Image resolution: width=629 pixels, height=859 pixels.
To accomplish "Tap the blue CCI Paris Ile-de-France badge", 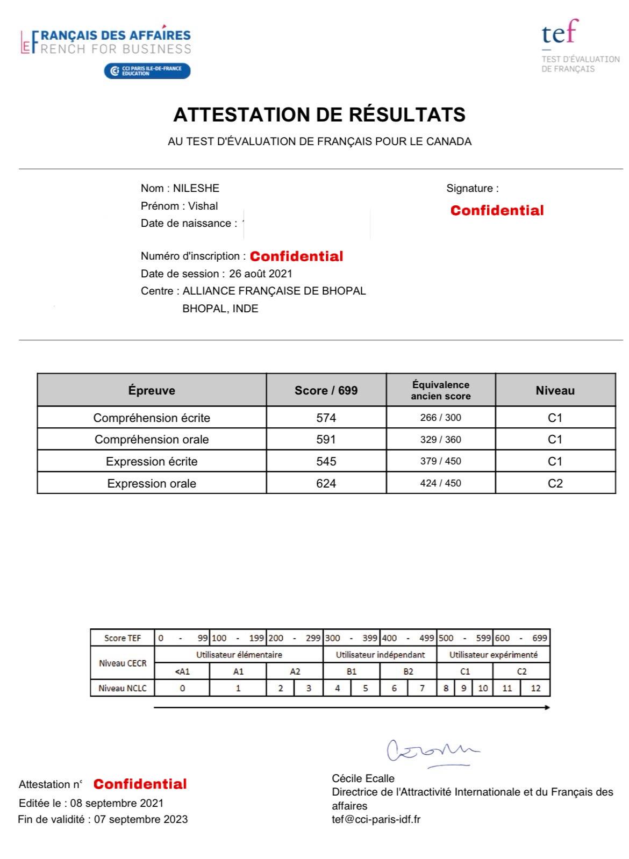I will [147, 71].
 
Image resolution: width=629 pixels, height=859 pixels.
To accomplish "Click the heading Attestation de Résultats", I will [319, 114].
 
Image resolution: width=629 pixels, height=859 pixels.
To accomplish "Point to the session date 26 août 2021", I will [261, 274].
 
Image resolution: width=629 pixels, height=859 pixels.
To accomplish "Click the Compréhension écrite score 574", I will [326, 418].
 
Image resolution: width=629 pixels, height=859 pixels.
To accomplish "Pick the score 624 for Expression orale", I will [326, 483].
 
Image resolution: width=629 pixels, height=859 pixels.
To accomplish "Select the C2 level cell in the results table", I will [555, 483].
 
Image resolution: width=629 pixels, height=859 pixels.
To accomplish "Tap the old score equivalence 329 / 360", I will [440, 440].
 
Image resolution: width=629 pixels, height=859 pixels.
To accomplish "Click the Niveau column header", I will [555, 391].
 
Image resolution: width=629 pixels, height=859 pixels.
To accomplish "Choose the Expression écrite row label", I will [152, 462].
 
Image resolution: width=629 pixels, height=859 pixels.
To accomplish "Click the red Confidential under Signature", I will [497, 211].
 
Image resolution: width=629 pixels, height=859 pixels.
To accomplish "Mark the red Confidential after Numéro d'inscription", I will [296, 256].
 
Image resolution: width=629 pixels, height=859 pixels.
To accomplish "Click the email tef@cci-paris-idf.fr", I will [376, 820].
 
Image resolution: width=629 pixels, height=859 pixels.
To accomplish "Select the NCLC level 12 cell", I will [535, 688].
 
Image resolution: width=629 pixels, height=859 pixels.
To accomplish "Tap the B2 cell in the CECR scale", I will [408, 671].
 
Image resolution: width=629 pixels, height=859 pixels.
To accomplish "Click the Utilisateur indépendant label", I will [380, 655].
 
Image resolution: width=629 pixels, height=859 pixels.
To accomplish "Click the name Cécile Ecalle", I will [363, 778].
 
